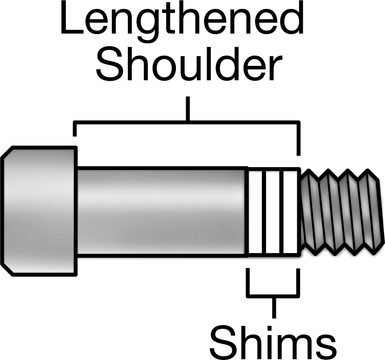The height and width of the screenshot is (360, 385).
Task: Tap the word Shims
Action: (273, 342)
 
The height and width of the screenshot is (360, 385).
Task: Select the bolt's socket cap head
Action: (39, 211)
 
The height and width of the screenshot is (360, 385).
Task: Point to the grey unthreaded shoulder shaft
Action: (162, 212)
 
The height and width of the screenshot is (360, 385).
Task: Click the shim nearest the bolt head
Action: (255, 212)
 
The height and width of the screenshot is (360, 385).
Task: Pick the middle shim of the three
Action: (273, 212)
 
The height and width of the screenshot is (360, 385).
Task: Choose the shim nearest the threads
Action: (291, 212)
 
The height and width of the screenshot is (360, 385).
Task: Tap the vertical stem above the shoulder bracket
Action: (188, 109)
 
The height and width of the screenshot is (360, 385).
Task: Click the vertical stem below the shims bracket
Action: (274, 307)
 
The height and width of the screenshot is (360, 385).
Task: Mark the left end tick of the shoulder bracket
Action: (75, 129)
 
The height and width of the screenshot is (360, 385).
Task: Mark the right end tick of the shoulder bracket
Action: (298, 138)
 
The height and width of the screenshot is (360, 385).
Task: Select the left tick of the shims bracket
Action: (248, 282)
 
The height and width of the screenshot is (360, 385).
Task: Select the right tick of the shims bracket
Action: (298, 282)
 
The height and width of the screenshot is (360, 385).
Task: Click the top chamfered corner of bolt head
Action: (7, 152)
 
